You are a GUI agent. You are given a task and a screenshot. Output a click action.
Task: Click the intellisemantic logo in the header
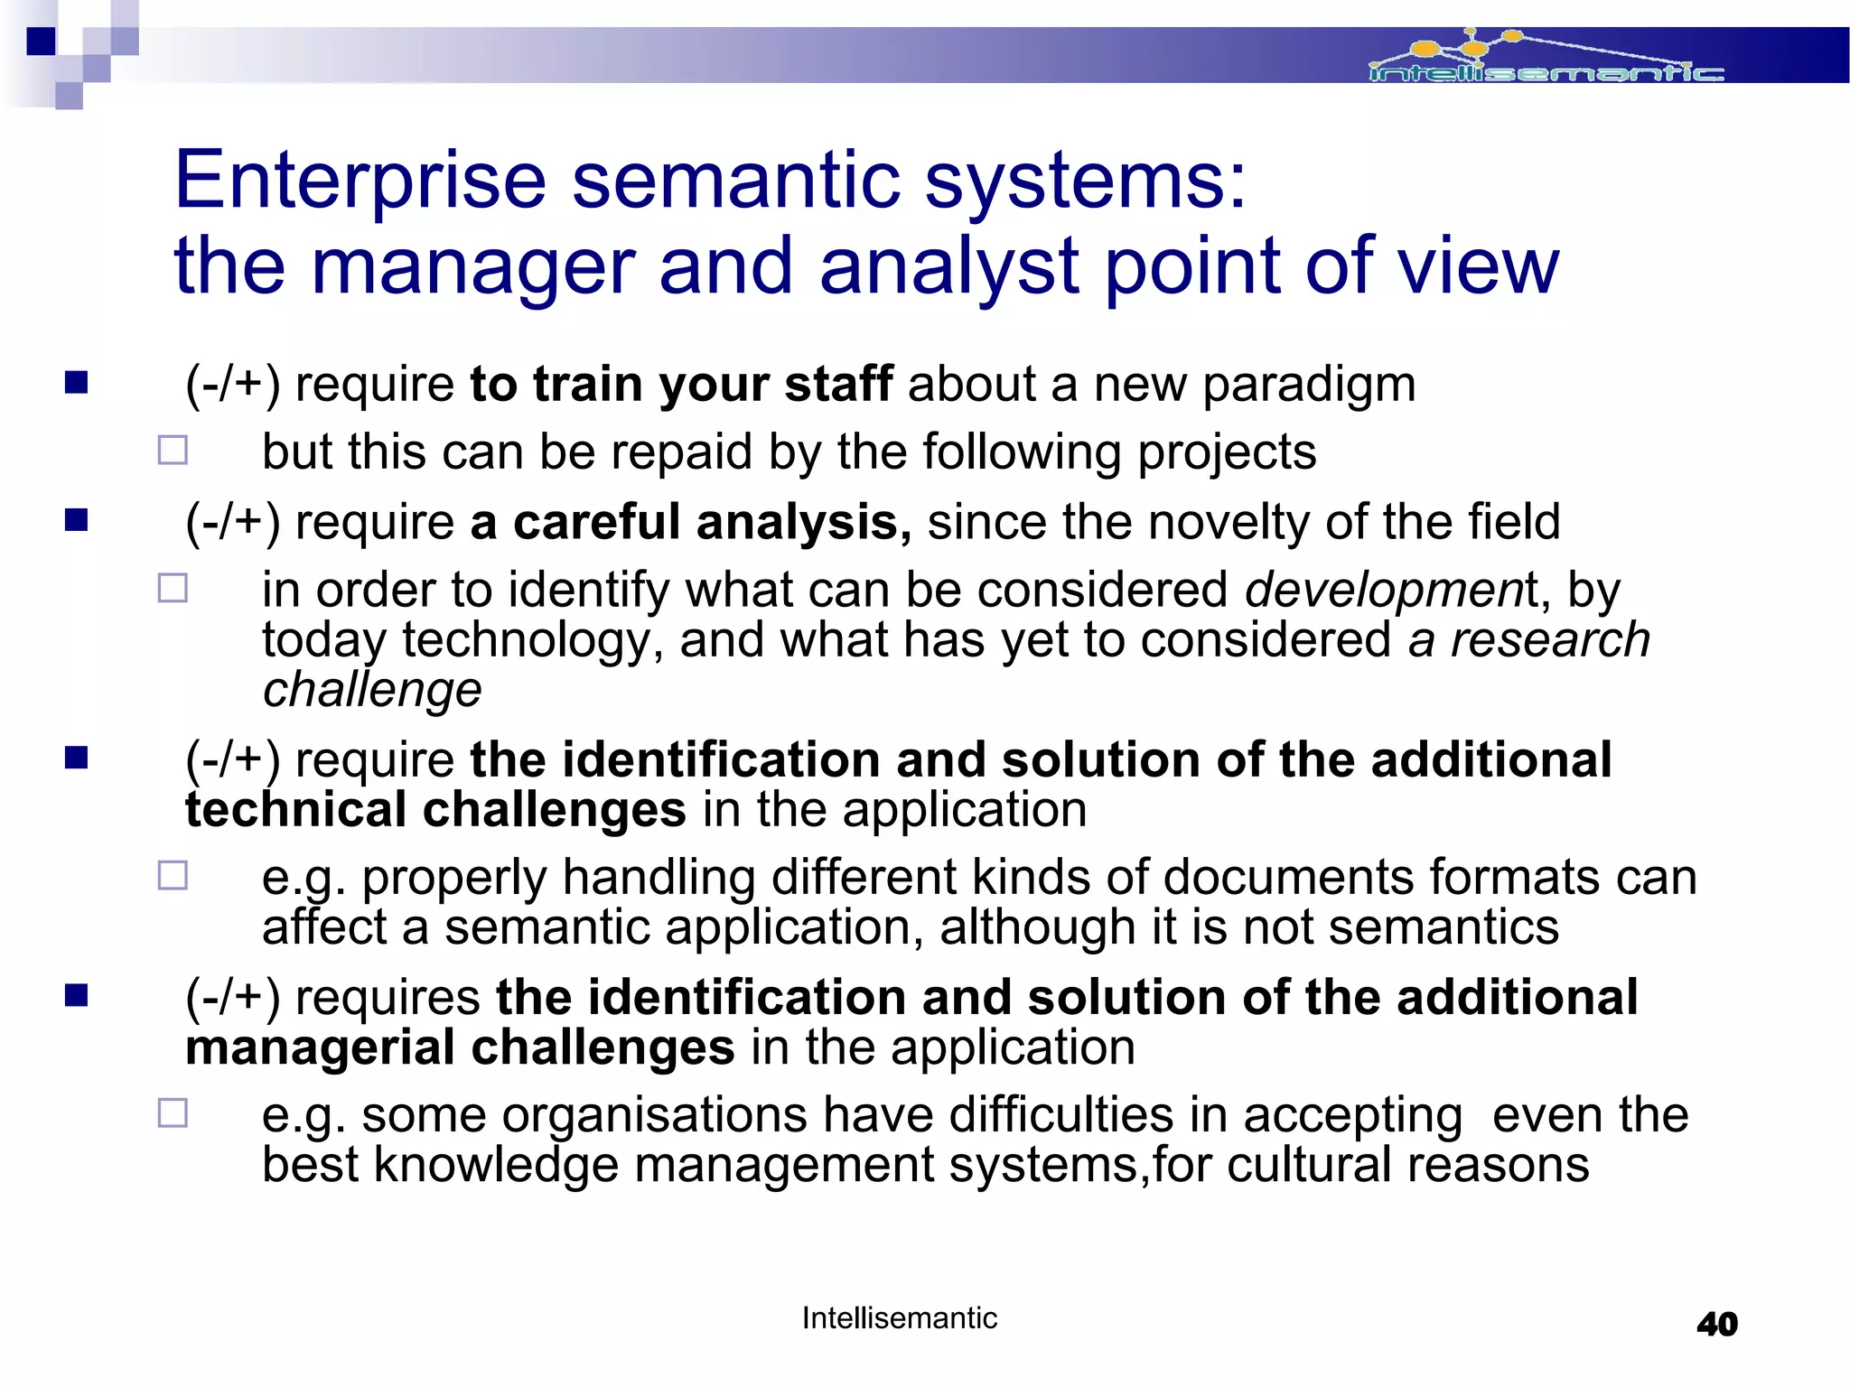tap(1546, 59)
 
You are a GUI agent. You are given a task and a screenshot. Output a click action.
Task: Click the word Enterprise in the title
tap(360, 180)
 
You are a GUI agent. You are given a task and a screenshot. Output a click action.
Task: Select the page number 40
tap(1716, 1324)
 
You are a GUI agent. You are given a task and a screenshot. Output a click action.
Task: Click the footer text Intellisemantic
tap(899, 1318)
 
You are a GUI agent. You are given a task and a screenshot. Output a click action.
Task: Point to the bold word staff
tap(838, 384)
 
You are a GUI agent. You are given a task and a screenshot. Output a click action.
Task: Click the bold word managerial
tap(320, 1047)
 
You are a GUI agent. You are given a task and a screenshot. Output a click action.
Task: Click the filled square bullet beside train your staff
tap(77, 384)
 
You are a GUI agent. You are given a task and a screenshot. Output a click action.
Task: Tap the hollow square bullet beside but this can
tap(173, 451)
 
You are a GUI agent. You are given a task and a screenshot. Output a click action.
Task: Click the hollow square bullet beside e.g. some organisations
tap(173, 1113)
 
